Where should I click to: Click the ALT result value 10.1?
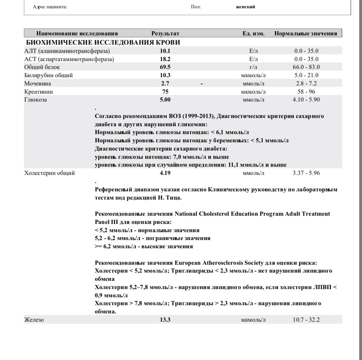(x=166, y=51)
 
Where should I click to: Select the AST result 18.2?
(x=166, y=59)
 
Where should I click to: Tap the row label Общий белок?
(x=42, y=67)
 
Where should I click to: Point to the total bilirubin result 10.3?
(x=166, y=75)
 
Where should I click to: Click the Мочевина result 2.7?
(x=166, y=83)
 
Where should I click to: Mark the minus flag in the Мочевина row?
(x=202, y=83)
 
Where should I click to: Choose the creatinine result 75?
(x=166, y=92)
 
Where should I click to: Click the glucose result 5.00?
(x=166, y=100)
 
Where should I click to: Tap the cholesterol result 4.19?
(x=166, y=173)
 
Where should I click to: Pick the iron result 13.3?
(x=166, y=320)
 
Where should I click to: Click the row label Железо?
(x=34, y=320)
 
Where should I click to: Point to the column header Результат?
(x=165, y=34)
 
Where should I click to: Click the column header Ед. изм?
(x=253, y=34)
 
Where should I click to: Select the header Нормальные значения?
(x=305, y=34)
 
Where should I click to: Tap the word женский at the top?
(x=246, y=7)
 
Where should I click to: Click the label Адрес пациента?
(x=50, y=7)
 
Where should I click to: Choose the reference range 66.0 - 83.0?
(x=306, y=67)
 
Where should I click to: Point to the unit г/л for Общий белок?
(x=253, y=67)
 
